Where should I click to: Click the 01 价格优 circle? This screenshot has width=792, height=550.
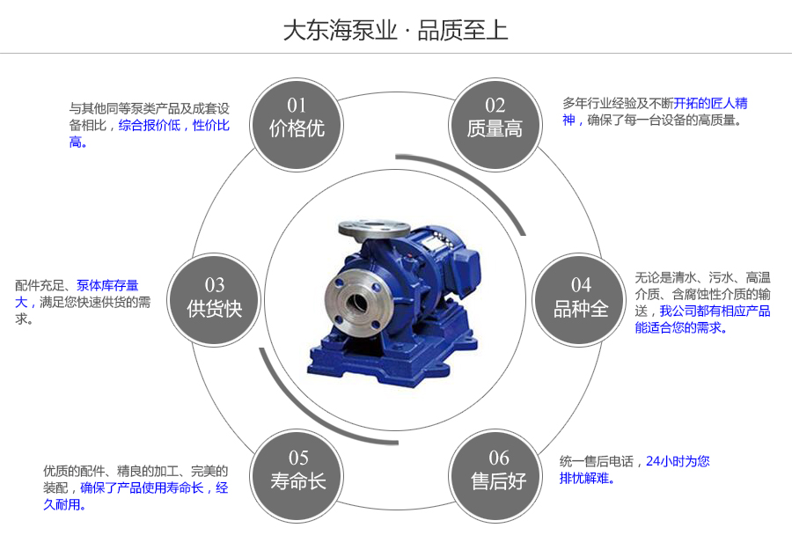(x=297, y=119)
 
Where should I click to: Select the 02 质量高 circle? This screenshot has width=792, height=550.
(x=495, y=119)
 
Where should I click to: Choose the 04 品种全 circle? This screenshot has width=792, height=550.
(x=581, y=297)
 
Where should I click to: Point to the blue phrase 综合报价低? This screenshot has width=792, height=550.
(x=150, y=126)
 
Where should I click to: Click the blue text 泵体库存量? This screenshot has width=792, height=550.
(x=107, y=285)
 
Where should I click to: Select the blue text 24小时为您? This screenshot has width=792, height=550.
(x=678, y=461)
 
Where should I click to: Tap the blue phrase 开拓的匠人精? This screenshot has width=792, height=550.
(x=711, y=103)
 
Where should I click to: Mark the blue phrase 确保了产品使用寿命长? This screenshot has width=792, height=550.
(x=142, y=488)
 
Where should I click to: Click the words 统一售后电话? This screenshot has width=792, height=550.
(x=597, y=461)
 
